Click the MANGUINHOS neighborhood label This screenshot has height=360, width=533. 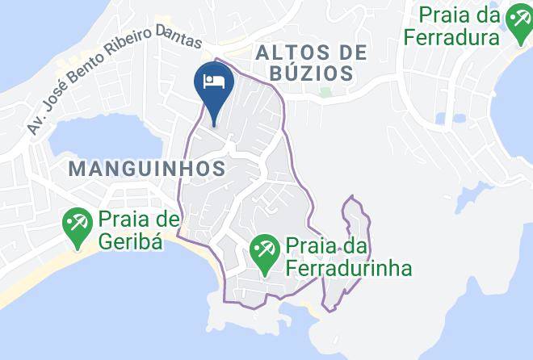point(145,168)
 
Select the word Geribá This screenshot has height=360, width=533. point(132,240)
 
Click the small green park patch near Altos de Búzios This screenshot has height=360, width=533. point(325,91)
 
